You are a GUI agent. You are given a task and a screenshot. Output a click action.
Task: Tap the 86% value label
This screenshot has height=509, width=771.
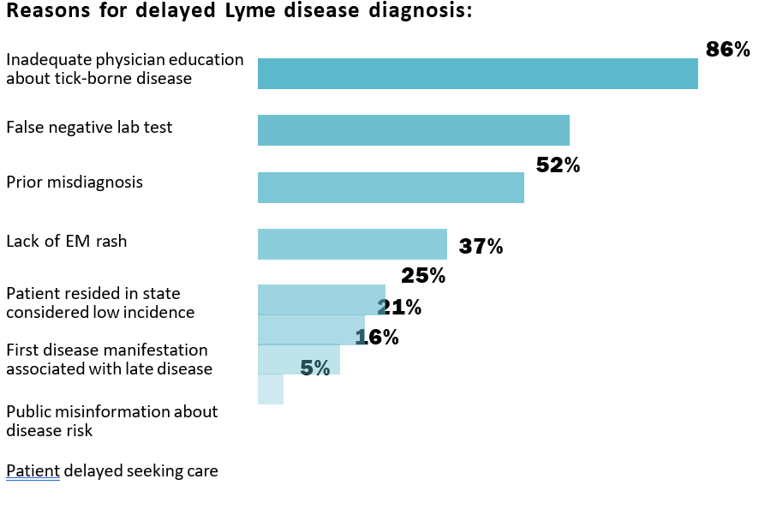coord(728,50)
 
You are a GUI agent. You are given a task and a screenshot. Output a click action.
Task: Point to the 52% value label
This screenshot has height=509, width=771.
coord(558,166)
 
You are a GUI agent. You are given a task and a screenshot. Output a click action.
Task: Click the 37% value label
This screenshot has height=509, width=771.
coord(481,247)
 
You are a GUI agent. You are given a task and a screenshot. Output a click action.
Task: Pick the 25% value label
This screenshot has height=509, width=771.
coord(423,276)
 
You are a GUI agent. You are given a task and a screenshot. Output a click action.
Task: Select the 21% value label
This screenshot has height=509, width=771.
coord(399,307)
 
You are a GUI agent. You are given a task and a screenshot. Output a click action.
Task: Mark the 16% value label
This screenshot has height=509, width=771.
coord(377,338)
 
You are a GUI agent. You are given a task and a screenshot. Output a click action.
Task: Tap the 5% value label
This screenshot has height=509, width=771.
coord(314,368)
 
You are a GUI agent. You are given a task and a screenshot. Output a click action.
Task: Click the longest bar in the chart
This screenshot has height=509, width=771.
coord(477,74)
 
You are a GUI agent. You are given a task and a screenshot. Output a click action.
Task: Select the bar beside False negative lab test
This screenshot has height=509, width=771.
coord(413,130)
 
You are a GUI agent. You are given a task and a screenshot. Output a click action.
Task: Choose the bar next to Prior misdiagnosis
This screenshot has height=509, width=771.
coord(391,188)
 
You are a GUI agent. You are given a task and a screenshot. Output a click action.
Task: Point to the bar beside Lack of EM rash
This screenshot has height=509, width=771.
coord(352,244)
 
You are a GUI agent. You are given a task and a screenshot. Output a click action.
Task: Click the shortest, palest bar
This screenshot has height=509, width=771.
coord(270,390)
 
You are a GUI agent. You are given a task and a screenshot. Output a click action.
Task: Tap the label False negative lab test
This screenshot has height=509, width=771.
coord(89,128)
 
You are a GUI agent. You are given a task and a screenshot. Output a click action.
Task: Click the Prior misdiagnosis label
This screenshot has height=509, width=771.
coord(75,183)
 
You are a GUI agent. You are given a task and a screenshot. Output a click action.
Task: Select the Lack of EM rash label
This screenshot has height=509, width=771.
coord(66,242)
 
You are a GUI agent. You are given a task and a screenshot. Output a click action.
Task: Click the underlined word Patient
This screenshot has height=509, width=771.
coord(33,470)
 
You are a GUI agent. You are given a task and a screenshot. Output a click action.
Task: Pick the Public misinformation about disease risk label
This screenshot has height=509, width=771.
coord(111,421)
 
